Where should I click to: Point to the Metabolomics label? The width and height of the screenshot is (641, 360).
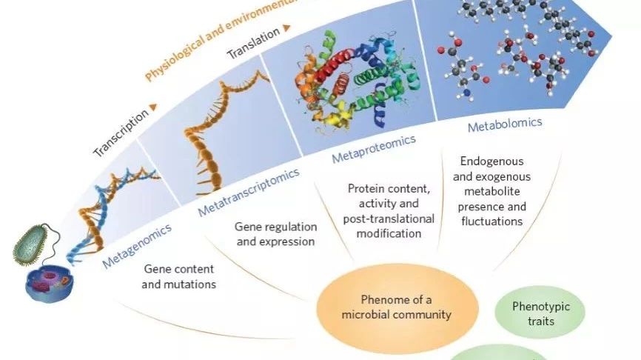tap(505, 124)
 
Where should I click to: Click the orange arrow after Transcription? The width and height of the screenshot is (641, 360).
tap(152, 107)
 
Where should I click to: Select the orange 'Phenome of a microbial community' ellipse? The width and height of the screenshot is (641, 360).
tap(395, 307)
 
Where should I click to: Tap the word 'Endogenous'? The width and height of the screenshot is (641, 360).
tap(491, 160)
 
